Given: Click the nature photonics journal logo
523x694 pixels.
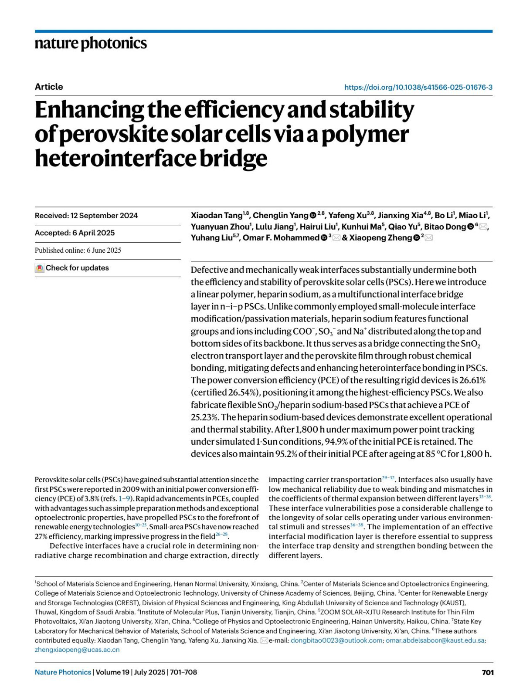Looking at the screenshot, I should click(x=91, y=44).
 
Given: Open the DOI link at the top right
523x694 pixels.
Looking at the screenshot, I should click(x=418, y=87).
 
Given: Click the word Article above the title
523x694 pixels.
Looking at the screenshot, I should click(x=49, y=87).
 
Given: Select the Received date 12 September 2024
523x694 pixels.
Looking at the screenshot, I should click(x=86, y=216).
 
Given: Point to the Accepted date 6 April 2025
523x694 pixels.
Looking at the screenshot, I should click(x=75, y=233).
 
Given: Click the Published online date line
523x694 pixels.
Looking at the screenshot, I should click(x=78, y=251).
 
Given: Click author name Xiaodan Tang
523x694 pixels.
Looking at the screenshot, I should click(x=217, y=216).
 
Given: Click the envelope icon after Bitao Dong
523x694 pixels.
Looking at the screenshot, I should click(x=483, y=227).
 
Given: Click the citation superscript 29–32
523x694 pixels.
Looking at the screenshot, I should click(x=388, y=478).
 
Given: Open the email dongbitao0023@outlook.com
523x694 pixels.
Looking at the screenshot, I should click(x=336, y=641).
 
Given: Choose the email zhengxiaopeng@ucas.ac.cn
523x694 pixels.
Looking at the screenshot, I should click(x=77, y=650).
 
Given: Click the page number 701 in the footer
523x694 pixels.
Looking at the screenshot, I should click(x=488, y=673).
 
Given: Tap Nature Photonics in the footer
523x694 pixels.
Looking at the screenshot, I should click(x=63, y=673).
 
